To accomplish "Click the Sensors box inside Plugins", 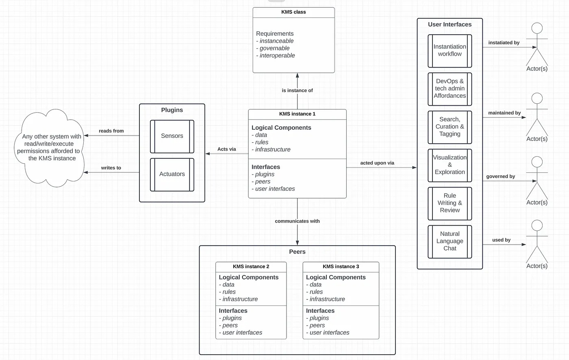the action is click(x=172, y=137).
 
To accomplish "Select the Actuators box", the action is click(x=172, y=175).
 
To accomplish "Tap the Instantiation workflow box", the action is click(x=450, y=51).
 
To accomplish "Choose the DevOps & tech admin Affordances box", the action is click(x=450, y=89).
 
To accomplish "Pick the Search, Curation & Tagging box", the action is click(x=450, y=127).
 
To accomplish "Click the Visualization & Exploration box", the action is click(x=450, y=165).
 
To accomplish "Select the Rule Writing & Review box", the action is click(x=450, y=203).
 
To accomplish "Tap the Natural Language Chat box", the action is click(x=450, y=242).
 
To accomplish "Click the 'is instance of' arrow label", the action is click(x=297, y=90).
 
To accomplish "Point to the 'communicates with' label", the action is click(x=297, y=221).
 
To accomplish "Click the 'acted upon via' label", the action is click(x=377, y=163).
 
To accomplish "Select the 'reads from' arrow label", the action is click(x=111, y=131).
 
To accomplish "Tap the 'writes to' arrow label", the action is click(x=111, y=168).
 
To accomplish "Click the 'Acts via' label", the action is click(x=227, y=149).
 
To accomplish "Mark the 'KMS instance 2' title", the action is click(x=251, y=266).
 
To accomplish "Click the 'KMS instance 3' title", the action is click(x=341, y=266).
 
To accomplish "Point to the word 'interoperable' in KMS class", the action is click(x=277, y=55).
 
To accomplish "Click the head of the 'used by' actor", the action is click(x=537, y=225).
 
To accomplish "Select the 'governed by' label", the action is click(x=501, y=176).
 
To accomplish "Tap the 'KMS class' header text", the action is click(x=293, y=12).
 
